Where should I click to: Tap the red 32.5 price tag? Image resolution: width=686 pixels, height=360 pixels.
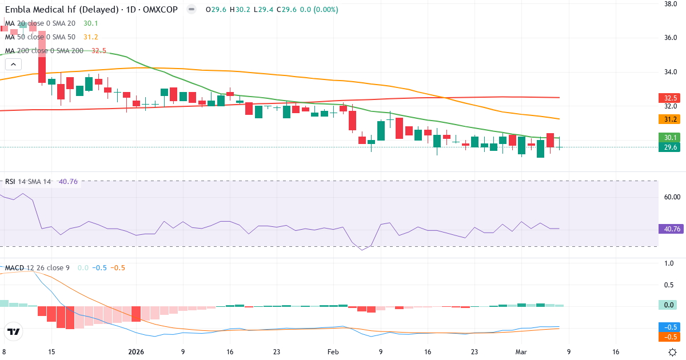pos(668,98)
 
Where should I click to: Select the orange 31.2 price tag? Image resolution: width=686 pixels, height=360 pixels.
pos(668,119)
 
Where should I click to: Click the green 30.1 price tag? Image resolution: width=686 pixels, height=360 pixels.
pos(668,138)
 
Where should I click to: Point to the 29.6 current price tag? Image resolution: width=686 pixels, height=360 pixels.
pos(668,147)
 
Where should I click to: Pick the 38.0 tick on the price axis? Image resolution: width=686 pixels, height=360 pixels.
pos(671,4)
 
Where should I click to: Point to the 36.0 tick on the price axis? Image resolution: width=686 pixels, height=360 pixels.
pos(671,38)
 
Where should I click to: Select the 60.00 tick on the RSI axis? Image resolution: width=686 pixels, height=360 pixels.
pos(672,197)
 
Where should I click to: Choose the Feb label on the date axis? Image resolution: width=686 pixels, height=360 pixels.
pos(333,352)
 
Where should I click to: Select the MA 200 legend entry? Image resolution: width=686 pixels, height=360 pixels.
pos(43,51)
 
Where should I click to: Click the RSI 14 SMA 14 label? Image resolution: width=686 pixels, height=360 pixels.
pos(28,182)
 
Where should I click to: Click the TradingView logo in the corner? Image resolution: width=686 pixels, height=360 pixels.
pos(14,331)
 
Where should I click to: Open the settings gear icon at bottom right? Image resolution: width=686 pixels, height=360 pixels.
pos(673,352)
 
